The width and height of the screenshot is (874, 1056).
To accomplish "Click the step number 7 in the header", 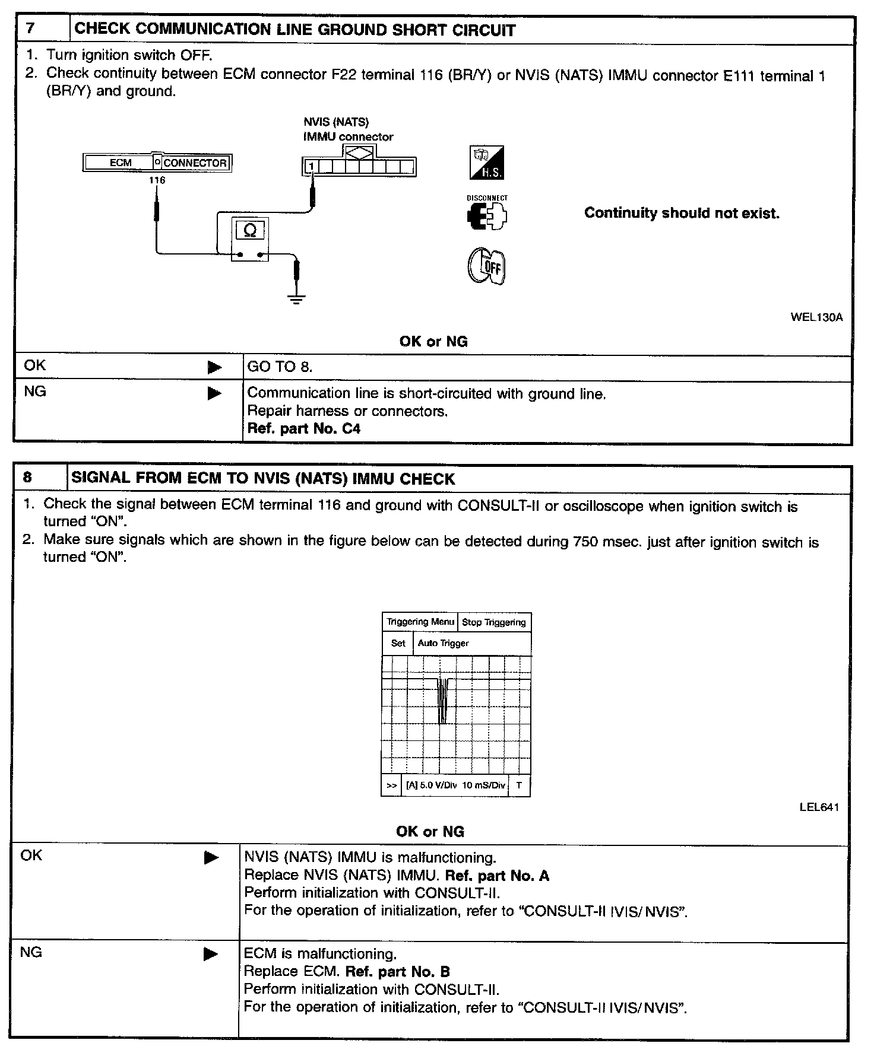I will tap(31, 30).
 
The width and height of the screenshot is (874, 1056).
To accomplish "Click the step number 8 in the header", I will tap(28, 478).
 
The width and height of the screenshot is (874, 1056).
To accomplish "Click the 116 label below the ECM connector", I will tap(157, 180).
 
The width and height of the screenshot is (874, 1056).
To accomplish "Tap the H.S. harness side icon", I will tap(487, 163).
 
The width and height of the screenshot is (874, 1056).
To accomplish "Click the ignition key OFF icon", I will tap(487, 266).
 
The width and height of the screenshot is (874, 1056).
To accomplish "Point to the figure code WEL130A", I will tap(816, 317).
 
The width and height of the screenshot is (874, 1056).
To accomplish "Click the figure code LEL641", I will tap(819, 807).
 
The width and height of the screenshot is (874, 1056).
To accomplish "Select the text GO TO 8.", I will tap(280, 367).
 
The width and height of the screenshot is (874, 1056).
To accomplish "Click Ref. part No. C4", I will tap(303, 429).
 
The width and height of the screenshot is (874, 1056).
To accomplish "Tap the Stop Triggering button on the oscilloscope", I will tap(494, 622).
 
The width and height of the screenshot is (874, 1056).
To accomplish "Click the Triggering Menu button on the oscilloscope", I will tap(420, 622).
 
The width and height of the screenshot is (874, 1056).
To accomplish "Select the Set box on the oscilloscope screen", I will tap(398, 643).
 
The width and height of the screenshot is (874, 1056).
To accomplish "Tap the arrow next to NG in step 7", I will tap(214, 393).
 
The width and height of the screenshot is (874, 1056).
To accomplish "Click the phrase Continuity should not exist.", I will tap(682, 213).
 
